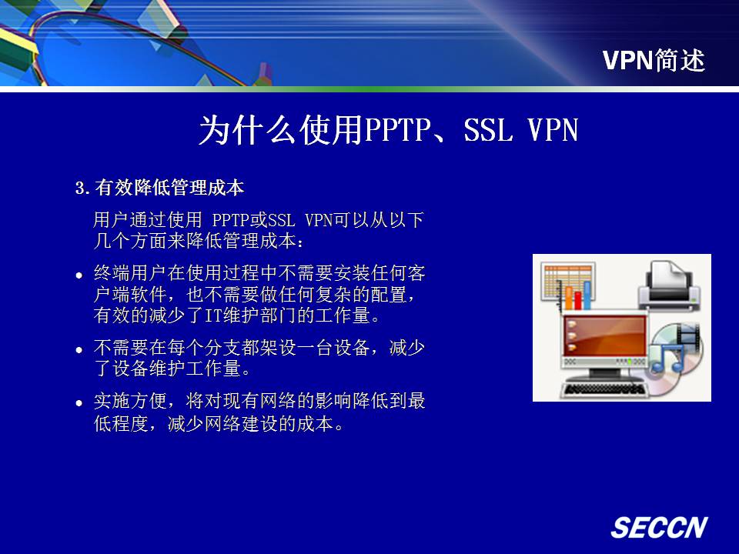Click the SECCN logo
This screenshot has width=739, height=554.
(659, 527)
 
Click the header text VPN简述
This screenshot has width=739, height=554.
(654, 60)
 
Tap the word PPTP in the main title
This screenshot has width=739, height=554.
(398, 129)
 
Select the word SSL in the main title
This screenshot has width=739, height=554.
(488, 129)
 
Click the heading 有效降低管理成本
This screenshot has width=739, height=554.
(169, 188)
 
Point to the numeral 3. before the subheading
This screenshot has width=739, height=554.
(82, 188)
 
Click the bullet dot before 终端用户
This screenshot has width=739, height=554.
(79, 275)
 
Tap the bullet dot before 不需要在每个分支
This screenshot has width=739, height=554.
(79, 350)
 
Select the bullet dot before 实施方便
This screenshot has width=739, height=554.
(79, 403)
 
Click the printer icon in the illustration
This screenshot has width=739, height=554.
(669, 285)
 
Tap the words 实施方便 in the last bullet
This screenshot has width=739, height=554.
(130, 401)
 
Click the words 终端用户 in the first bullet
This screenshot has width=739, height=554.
(130, 272)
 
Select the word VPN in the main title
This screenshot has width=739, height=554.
(553, 129)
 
